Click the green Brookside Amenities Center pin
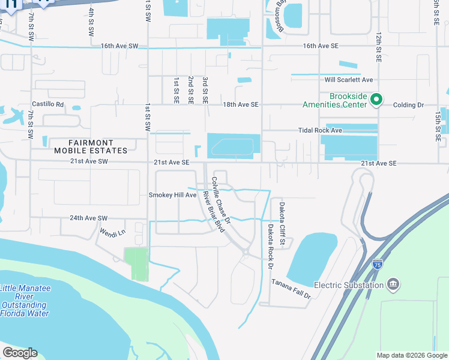tap(376, 100)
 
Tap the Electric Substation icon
tap(393, 283)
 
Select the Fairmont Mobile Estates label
tap(98, 146)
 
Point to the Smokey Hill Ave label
tap(173, 195)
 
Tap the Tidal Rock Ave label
tap(320, 130)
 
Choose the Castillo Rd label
tap(48, 104)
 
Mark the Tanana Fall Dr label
tap(291, 288)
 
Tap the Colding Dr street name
tap(408, 105)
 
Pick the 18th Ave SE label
tap(240, 104)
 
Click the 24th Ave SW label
tap(88, 218)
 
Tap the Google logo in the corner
tap(20, 353)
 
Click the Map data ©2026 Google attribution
tap(412, 355)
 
